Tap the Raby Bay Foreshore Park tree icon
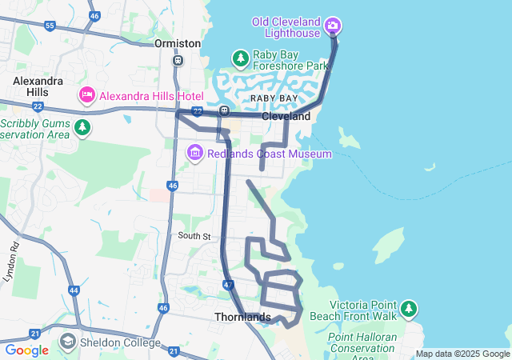(240, 58)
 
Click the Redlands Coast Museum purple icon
(195, 153)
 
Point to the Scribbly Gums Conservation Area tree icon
(82, 127)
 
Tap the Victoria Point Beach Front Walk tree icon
(409, 308)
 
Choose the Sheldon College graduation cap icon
(67, 342)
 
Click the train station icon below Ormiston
(178, 60)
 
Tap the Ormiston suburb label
(178, 43)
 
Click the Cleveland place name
(286, 116)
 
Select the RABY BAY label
(274, 98)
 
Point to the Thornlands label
(243, 317)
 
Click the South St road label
(194, 236)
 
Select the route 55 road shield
(50, 26)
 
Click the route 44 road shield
(74, 290)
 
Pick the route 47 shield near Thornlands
(229, 284)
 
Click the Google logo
(26, 350)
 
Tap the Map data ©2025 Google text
(462, 354)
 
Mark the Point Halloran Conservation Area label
(362, 342)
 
